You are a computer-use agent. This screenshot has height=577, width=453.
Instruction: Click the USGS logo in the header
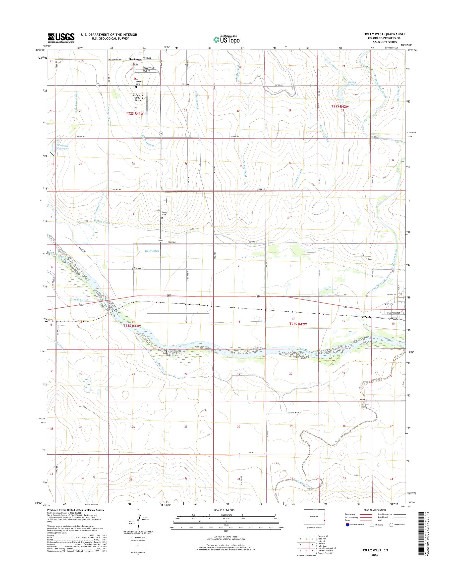[61, 38]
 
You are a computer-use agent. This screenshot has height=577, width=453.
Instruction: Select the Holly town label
[389, 304]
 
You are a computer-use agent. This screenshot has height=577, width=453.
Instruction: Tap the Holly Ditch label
[152, 251]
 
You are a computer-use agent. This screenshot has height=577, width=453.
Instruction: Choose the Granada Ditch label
[79, 300]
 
